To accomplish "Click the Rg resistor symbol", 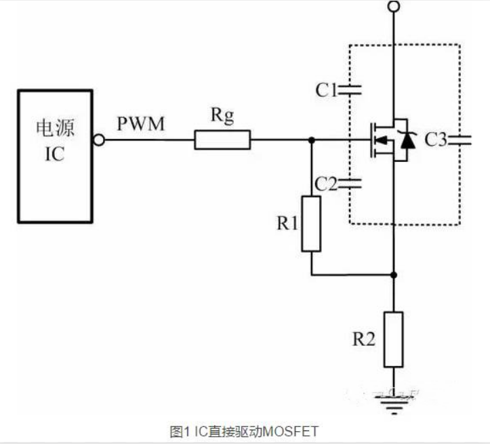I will (222, 140).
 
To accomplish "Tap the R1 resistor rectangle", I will (311, 224).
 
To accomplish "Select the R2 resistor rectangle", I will (394, 337).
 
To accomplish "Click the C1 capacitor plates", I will (350, 89).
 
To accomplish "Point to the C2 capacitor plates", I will (350, 182).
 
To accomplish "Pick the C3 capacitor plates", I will (464, 140).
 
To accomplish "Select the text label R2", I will (364, 340).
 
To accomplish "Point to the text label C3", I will (436, 140).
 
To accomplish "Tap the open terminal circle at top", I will (394, 7).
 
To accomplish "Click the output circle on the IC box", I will (100, 140).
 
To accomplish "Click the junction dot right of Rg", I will (311, 140).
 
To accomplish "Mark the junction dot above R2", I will (394, 275).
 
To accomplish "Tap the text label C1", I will (326, 89).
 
